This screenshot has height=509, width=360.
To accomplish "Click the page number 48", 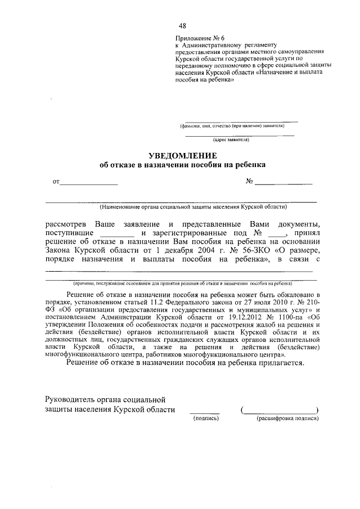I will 182,25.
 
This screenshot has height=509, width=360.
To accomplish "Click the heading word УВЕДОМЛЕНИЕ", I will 182,155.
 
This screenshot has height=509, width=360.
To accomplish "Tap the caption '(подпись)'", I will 205,419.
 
